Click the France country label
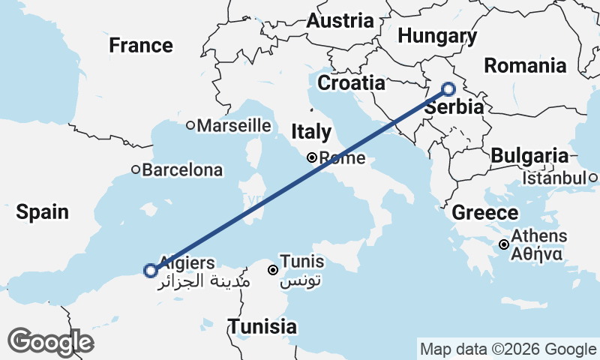click(142, 45)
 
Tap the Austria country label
click(340, 21)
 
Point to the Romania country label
click(525, 65)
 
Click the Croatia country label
click(351, 82)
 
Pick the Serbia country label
click(453, 106)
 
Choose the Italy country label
click(311, 133)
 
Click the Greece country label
click(484, 213)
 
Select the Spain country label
click(43, 212)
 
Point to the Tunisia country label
click(262, 327)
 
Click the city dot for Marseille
click(190, 125)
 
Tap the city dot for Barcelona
click(136, 169)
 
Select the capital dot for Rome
click(311, 157)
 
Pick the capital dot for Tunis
click(273, 269)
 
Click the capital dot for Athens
click(504, 244)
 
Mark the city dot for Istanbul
click(592, 178)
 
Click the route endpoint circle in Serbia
click(448, 89)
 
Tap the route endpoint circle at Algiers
click(150, 270)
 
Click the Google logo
click(52, 342)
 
